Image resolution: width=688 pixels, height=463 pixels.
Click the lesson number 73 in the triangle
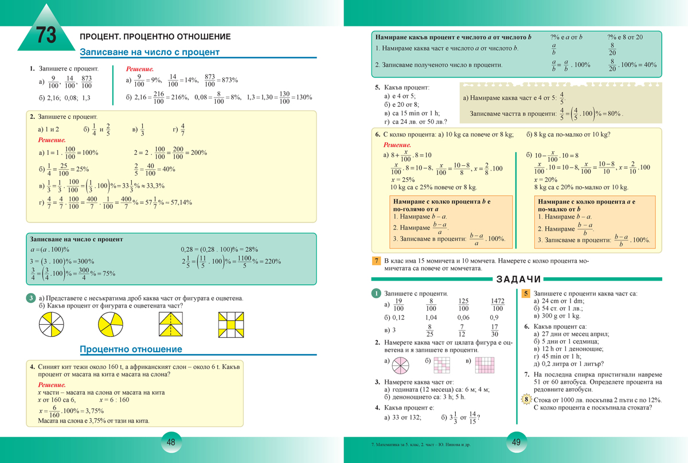(46, 36)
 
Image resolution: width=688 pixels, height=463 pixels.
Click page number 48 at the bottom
(171, 442)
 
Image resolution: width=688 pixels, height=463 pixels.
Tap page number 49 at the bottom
(516, 442)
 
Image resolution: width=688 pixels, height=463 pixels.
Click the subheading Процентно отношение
(131, 349)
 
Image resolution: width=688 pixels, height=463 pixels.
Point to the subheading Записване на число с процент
(150, 52)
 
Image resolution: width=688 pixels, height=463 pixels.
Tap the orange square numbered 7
(377, 261)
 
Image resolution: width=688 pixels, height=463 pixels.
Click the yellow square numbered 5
(526, 293)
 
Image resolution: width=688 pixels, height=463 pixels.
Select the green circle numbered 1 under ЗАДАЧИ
(376, 293)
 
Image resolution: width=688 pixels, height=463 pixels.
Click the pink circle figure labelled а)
(401, 362)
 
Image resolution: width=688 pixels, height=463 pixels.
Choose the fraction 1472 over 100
(497, 305)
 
